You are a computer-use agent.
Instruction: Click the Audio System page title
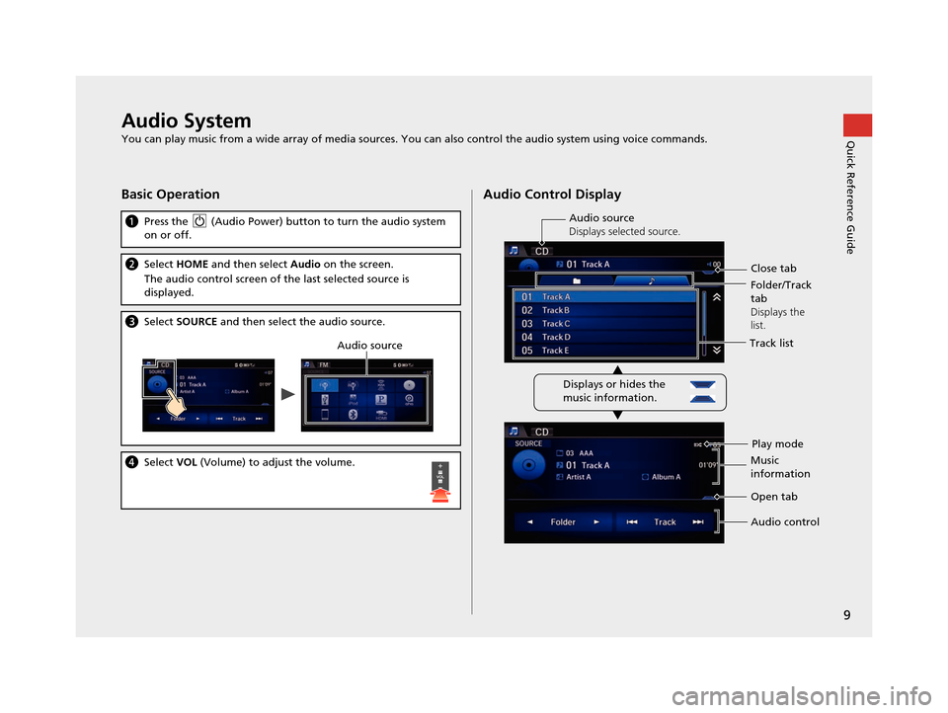click(x=186, y=121)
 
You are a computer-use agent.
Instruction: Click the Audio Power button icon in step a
click(x=200, y=222)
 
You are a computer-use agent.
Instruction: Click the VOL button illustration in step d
click(x=440, y=482)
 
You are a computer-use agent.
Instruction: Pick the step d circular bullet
click(x=131, y=462)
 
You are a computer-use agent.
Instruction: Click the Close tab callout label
click(x=773, y=268)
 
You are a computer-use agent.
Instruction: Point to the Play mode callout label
click(x=777, y=443)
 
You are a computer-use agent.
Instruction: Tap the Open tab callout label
click(x=774, y=497)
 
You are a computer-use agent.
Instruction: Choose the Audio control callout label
click(x=785, y=522)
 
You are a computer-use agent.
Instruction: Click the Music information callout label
click(x=780, y=467)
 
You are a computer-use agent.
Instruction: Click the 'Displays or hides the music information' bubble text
click(x=613, y=391)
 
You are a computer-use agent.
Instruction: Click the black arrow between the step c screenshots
click(x=288, y=393)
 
